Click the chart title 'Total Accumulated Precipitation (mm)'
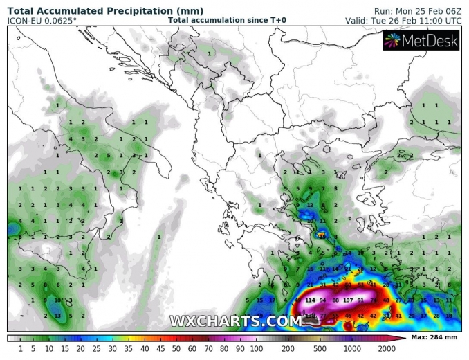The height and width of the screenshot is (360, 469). pos(105,11)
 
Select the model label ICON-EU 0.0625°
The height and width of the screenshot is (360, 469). pos(42,21)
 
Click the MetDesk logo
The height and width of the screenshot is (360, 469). pos(421,42)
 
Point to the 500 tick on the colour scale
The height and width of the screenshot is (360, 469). pos(320,348)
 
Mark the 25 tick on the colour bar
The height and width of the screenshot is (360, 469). pos(97,348)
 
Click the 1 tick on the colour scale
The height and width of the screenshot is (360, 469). pos(20,348)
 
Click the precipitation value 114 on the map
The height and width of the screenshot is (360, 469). pos(309,300)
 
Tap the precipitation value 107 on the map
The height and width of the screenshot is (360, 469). pos(348,300)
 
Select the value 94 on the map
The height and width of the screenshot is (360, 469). pos(322,300)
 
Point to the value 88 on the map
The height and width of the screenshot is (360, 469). pos(335,300)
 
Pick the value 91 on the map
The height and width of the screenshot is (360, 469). pos(360,300)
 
